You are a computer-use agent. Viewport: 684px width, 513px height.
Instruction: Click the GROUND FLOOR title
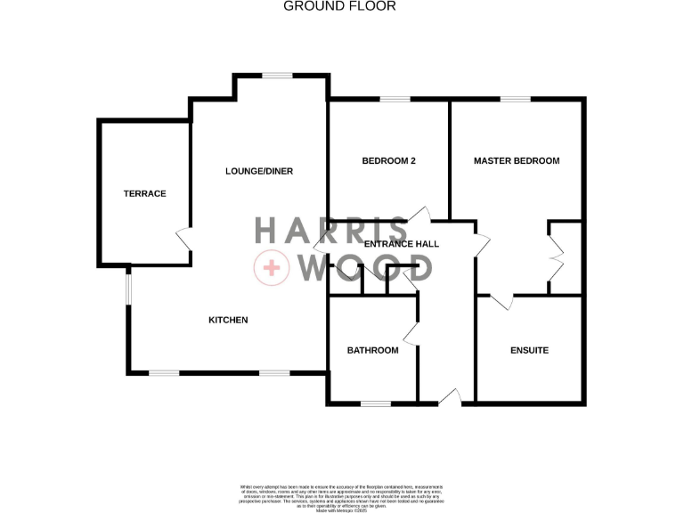pos(339,6)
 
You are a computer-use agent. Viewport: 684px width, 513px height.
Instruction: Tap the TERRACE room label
pos(144,193)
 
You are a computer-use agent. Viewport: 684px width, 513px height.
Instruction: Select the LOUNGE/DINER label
pos(259,171)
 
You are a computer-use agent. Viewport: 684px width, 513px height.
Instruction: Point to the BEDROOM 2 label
pos(388,161)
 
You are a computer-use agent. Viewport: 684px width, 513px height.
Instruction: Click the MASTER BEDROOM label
pos(517,161)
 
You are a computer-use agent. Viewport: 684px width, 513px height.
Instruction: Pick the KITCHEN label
pos(228,320)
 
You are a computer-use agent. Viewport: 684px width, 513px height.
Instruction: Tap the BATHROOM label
pos(372,350)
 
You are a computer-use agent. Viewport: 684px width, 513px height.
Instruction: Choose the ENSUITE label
pos(529,350)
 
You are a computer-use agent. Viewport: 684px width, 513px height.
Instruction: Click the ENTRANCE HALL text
pos(401,243)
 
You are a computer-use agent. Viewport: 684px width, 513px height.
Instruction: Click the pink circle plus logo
pos(271,268)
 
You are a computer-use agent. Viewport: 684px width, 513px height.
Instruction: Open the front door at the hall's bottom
pos(449,397)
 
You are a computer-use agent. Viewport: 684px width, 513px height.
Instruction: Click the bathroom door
pos(411,334)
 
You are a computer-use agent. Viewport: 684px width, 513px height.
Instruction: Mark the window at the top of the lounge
pos(278,76)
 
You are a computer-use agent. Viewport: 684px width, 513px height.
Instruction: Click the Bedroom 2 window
pos(395,99)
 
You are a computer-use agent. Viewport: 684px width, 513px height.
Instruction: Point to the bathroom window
pos(376,403)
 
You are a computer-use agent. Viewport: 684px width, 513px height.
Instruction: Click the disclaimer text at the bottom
pos(341,495)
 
